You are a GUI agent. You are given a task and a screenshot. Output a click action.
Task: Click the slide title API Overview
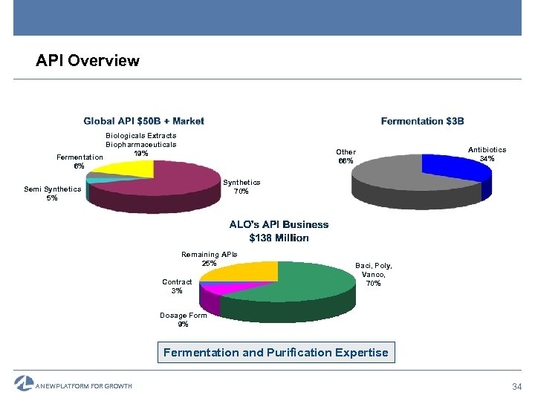click(x=88, y=61)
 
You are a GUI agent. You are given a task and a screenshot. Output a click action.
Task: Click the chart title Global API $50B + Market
click(x=143, y=121)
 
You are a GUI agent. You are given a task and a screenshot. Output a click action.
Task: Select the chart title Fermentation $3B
click(x=422, y=121)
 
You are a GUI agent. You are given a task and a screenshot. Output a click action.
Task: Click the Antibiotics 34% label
click(x=487, y=154)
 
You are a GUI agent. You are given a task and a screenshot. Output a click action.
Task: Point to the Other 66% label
click(x=346, y=156)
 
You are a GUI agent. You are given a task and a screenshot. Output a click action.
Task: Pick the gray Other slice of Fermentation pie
click(x=401, y=178)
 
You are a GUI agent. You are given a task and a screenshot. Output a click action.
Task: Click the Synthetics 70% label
click(x=241, y=187)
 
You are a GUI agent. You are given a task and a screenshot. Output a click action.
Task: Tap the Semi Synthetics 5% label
click(x=52, y=193)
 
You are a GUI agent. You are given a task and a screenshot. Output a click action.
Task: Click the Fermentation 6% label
click(x=80, y=161)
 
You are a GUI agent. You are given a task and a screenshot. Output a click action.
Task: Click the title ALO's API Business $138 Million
click(x=279, y=231)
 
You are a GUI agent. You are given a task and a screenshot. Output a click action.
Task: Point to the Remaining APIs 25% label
click(x=209, y=258)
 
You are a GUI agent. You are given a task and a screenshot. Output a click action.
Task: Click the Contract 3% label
click(x=177, y=286)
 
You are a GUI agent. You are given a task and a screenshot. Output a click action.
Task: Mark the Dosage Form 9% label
click(x=184, y=320)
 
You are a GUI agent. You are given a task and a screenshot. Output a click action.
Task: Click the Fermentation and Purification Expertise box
click(x=276, y=353)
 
